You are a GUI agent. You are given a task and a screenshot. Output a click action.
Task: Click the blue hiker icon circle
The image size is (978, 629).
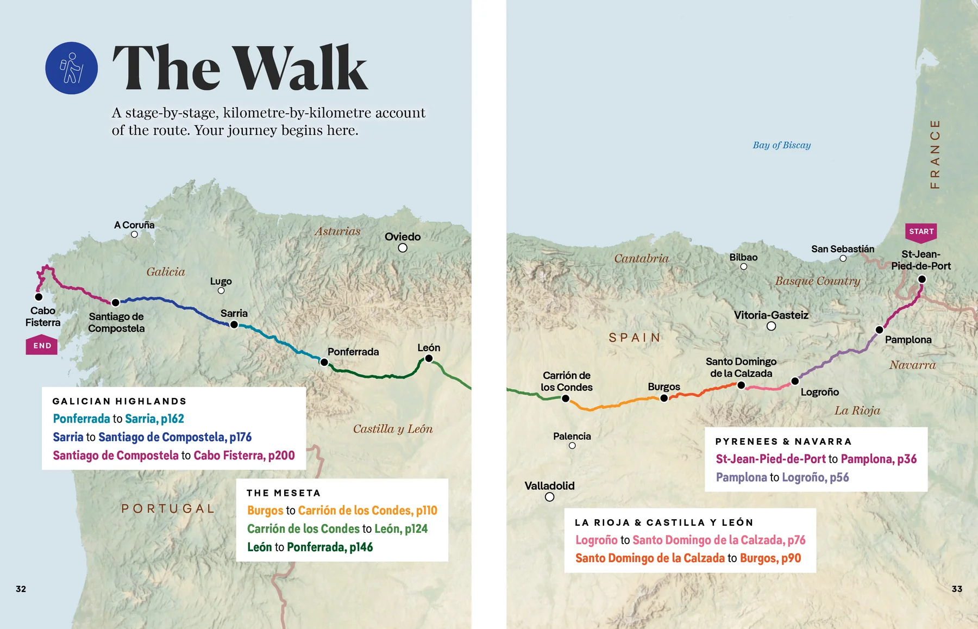click(71, 68)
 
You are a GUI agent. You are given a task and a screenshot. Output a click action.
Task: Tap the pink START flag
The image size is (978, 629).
click(921, 232)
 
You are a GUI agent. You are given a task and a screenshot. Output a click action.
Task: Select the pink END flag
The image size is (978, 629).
click(42, 346)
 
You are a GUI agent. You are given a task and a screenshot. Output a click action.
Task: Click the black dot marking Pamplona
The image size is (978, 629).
click(879, 329)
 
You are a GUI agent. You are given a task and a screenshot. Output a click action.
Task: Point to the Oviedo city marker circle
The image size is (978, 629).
click(403, 248)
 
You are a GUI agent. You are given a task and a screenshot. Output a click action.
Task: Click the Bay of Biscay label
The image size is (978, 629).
click(781, 145)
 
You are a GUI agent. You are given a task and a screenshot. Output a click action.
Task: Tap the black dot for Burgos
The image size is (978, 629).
click(663, 398)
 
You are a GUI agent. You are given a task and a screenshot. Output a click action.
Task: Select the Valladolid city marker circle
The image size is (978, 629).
click(549, 497)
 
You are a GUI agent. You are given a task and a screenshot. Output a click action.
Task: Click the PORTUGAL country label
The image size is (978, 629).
click(168, 508)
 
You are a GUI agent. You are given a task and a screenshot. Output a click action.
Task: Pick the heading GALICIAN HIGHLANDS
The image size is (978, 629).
click(120, 401)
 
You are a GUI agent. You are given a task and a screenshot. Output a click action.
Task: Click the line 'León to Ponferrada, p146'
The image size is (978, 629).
click(310, 547)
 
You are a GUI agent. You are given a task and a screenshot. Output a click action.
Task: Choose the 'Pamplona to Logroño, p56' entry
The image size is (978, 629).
click(782, 477)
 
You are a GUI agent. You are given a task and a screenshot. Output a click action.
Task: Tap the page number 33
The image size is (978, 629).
click(957, 589)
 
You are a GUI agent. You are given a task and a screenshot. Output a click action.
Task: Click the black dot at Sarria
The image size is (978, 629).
click(234, 325)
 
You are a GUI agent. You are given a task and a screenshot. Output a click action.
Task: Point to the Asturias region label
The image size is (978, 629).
click(337, 231)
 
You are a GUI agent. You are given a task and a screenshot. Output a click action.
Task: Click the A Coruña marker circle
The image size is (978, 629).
click(134, 234)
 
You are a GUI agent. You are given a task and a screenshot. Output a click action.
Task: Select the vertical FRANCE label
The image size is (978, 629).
click(935, 154)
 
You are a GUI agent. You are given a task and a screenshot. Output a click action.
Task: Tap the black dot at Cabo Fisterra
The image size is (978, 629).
click(39, 297)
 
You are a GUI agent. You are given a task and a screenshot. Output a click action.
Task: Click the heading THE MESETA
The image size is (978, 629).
click(283, 493)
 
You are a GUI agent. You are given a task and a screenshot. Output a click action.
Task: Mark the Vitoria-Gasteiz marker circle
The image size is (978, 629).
click(771, 326)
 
